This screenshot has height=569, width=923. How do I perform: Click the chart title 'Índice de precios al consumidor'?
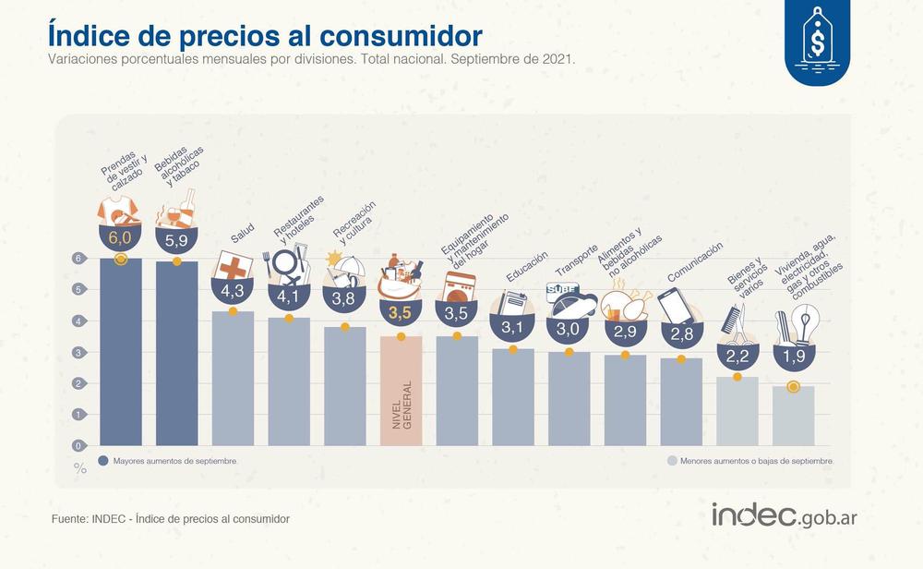coord(265,35)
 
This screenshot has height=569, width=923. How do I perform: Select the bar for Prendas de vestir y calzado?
coord(120,351)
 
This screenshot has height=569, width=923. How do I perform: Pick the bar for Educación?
coord(513,397)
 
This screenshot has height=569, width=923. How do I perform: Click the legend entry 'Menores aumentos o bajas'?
coord(749,459)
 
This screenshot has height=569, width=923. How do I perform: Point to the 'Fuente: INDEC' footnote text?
coord(171,519)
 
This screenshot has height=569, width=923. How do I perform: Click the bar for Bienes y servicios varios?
coord(737,411)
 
